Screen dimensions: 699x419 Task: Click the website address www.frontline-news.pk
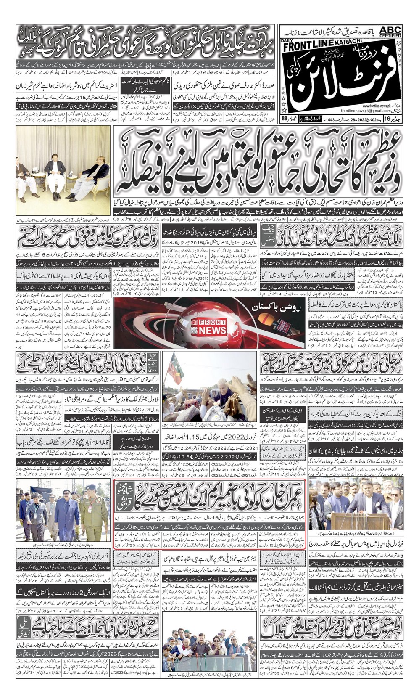click(x=375, y=106)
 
